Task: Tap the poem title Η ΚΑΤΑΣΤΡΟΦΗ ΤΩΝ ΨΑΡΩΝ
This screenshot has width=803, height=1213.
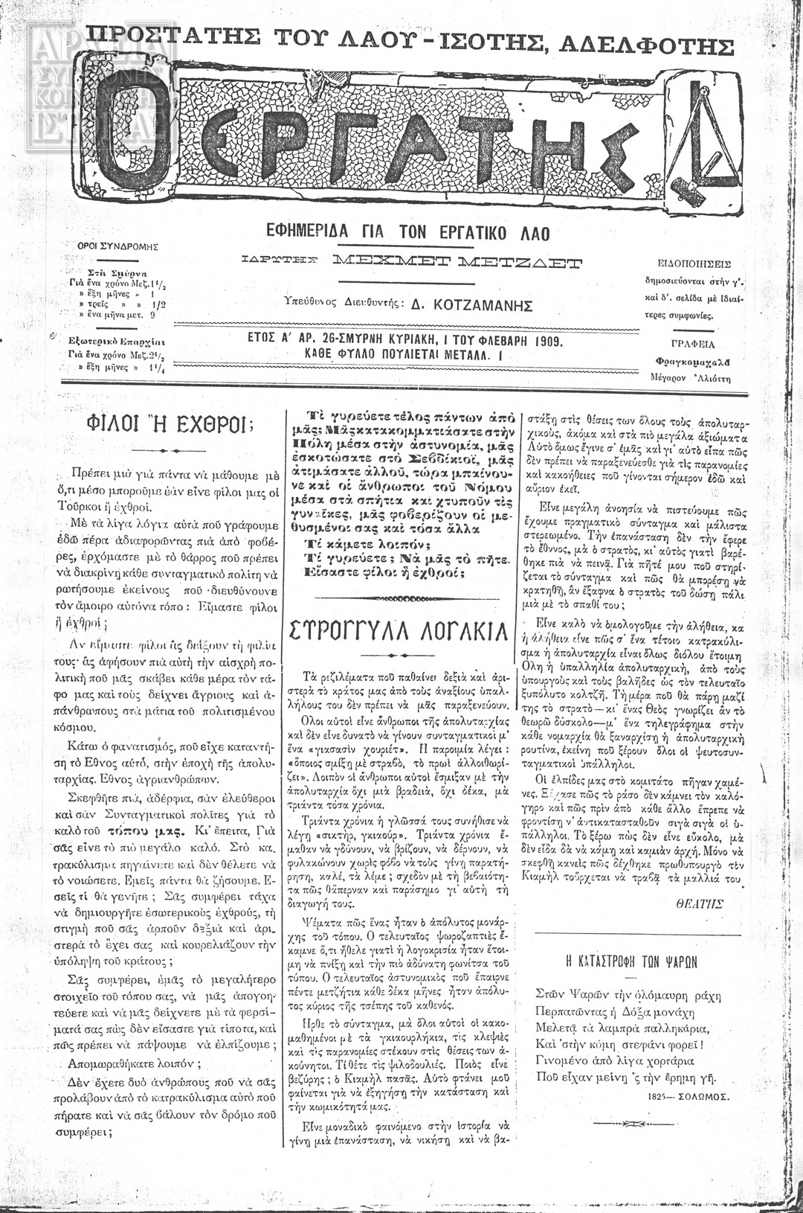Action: pyautogui.click(x=628, y=961)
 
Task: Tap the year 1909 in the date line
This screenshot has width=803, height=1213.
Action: pyautogui.click(x=546, y=342)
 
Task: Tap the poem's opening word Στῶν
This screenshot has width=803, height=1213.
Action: pyautogui.click(x=546, y=993)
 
